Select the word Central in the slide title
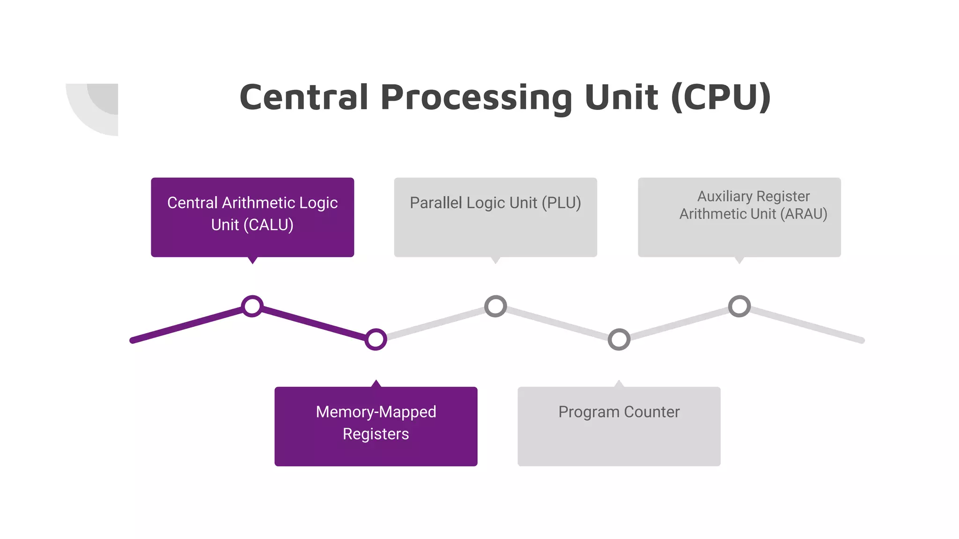pos(303,97)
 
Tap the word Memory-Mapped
pos(376,412)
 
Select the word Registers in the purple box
pos(376,434)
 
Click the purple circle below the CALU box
pos(252,306)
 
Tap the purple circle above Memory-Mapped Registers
pos(376,340)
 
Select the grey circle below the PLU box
pos(495,306)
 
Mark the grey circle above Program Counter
pos(619,340)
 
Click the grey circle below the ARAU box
pos(739,306)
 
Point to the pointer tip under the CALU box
pos(252,261)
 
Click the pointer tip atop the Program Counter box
pos(619,383)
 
